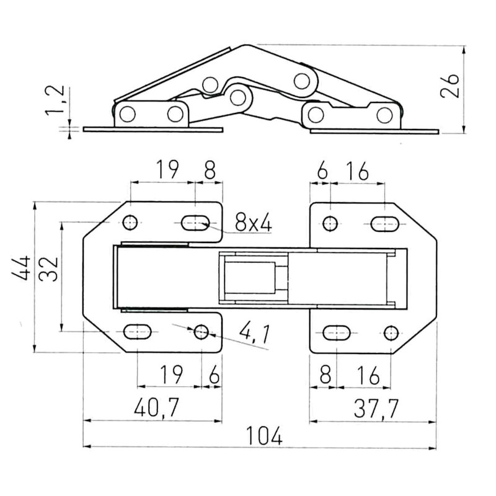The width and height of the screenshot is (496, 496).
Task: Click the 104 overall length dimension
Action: [x=263, y=435]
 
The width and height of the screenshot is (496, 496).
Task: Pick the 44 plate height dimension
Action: [x=23, y=268]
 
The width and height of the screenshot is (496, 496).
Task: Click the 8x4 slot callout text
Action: [x=253, y=222]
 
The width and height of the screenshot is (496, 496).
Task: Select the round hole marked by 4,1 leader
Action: [x=201, y=332]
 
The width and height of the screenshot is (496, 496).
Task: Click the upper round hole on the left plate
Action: [x=131, y=222]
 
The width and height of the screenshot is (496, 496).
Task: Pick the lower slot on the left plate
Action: [x=137, y=332]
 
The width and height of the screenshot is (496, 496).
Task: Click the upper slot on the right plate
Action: [x=384, y=223]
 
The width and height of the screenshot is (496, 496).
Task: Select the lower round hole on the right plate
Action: [x=390, y=332]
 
